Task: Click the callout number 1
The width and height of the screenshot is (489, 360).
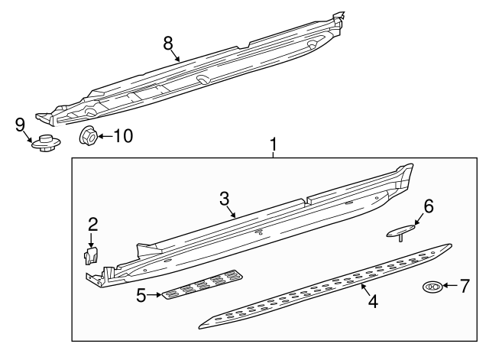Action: tap(273, 143)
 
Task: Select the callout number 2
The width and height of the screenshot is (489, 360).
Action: tap(92, 224)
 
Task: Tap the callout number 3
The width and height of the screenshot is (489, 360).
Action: tap(224, 199)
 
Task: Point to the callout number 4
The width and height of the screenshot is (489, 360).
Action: tap(372, 301)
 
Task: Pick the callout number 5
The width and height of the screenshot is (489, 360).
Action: tap(141, 294)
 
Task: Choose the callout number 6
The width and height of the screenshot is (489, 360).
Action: tap(428, 206)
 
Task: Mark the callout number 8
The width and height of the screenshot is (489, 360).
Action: tap(168, 43)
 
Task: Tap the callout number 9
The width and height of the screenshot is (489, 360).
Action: tap(21, 124)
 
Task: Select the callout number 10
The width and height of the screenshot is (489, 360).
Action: tap(122, 136)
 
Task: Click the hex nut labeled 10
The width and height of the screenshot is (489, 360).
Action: tap(88, 136)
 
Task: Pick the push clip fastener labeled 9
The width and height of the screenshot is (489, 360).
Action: tap(47, 143)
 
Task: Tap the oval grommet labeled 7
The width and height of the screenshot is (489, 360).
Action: tap(432, 287)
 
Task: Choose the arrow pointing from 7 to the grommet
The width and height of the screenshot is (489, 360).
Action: tap(451, 287)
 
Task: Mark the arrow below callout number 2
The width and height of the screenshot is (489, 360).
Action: tap(92, 239)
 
